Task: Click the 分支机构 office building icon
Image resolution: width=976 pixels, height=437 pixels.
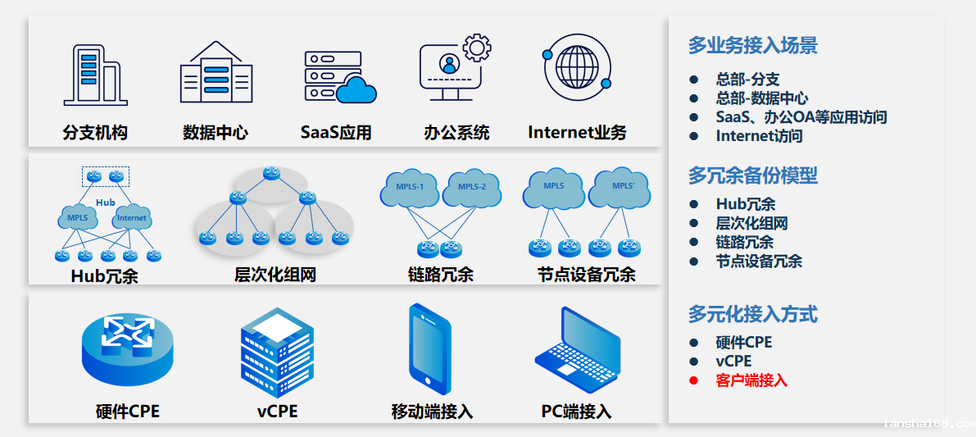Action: pos(94,75)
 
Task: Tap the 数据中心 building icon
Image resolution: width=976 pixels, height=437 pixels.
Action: pos(216,73)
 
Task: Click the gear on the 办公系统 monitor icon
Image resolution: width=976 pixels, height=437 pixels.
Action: pos(477,48)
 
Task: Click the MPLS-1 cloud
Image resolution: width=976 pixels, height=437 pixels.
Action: pos(410,189)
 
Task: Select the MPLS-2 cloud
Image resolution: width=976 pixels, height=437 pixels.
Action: pos(472,189)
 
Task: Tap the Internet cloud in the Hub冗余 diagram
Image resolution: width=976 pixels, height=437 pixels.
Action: pos(132,217)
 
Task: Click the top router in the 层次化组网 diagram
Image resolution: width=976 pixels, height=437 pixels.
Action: pos(272,173)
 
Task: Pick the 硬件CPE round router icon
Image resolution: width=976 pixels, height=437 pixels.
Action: pos(128,348)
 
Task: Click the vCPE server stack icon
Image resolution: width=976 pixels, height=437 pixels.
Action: pos(277,353)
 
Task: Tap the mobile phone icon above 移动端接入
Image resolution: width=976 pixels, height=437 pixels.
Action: pos(429,349)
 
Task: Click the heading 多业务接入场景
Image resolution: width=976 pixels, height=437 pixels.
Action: pos(752,46)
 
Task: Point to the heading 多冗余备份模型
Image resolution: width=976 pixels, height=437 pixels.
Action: pos(752,175)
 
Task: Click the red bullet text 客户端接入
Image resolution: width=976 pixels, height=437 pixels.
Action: pos(751,380)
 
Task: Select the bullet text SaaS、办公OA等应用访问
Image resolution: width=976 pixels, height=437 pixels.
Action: pos(801,117)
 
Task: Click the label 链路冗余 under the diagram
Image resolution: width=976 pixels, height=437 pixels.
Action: pos(440,275)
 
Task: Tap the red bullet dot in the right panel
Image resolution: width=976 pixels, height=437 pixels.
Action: pos(693,380)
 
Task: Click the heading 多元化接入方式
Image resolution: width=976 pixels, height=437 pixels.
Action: pos(752,314)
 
